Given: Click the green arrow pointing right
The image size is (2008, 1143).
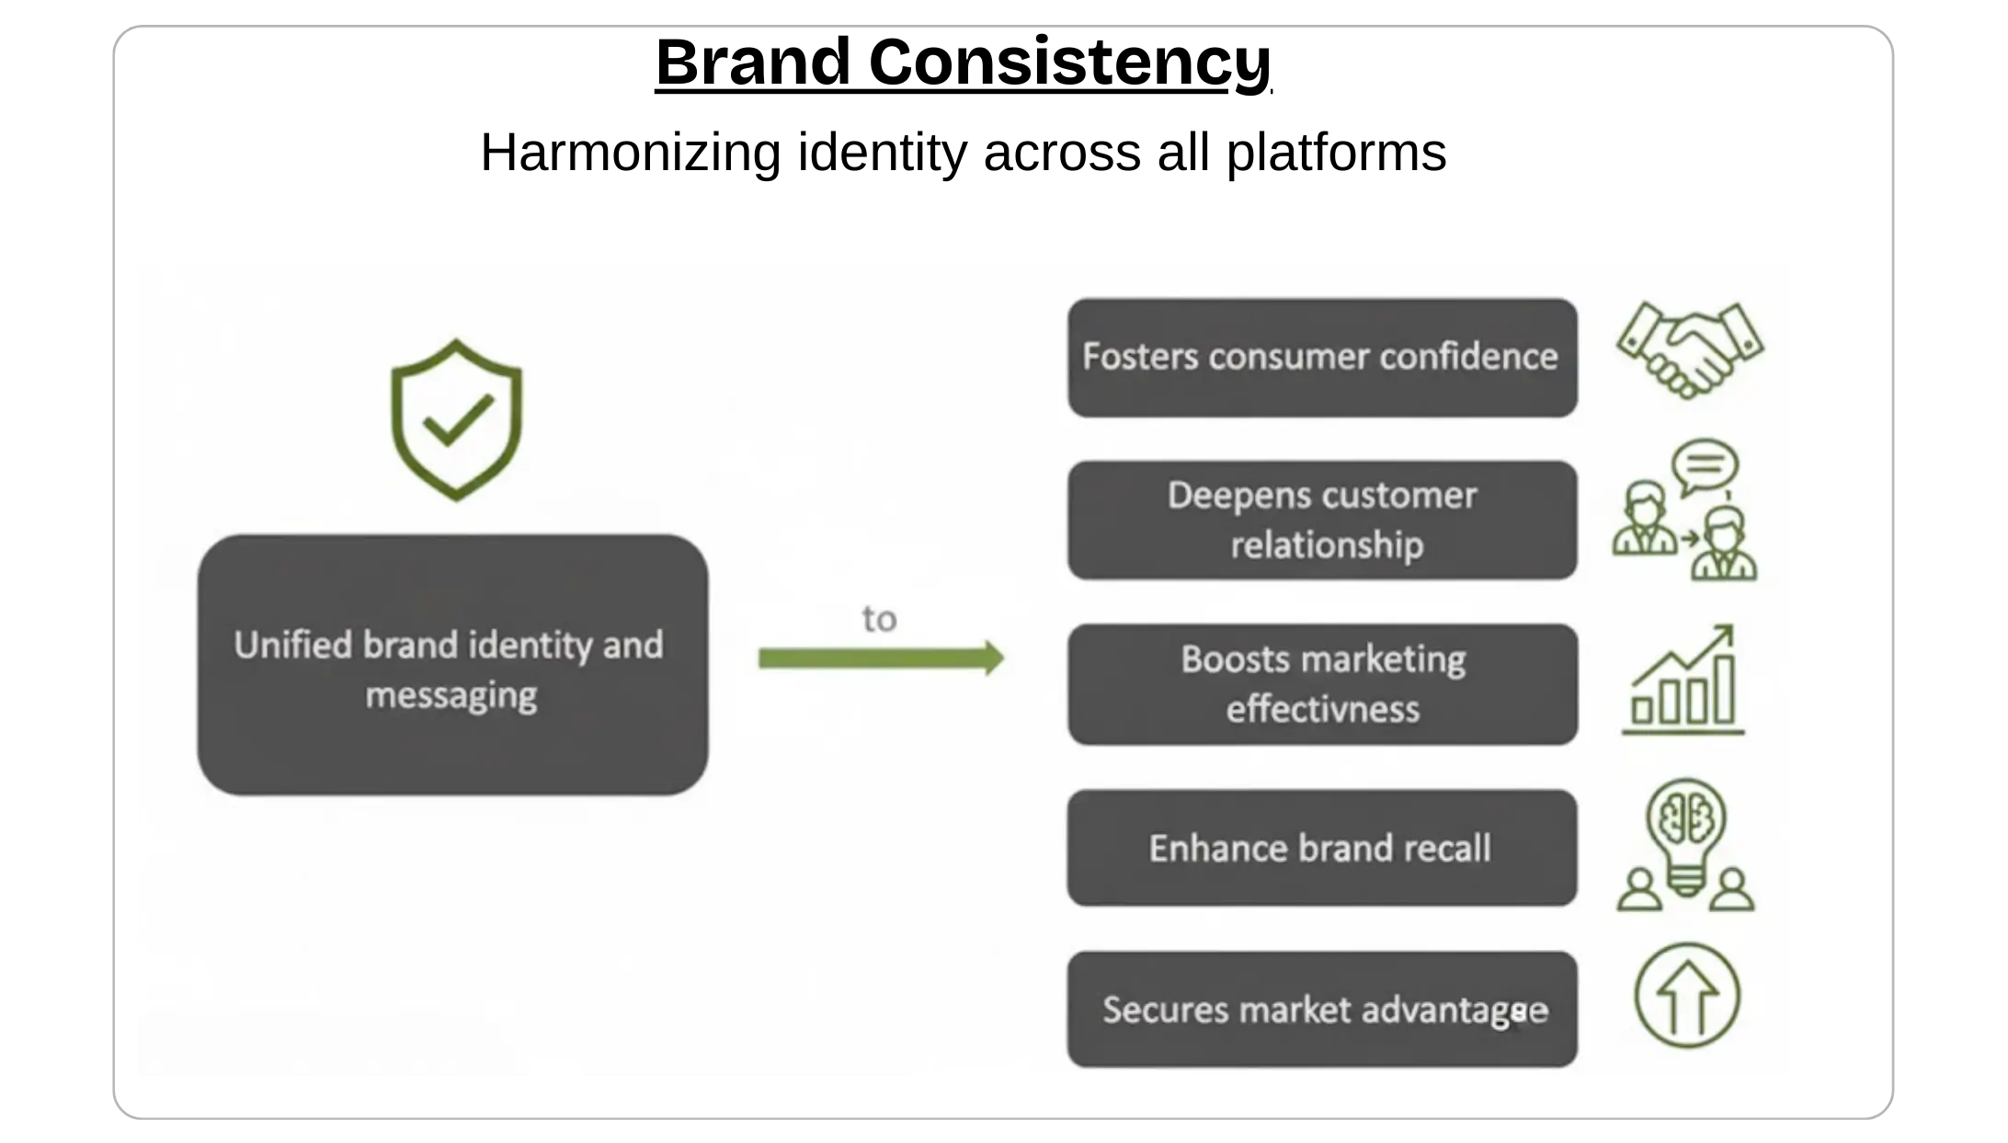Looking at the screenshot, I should pyautogui.click(x=880, y=658).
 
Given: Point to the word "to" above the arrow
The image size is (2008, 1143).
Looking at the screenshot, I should pyautogui.click(x=879, y=619).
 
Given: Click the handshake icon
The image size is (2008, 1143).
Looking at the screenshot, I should pyautogui.click(x=1690, y=350).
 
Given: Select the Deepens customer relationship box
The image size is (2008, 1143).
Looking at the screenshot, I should pyautogui.click(x=1321, y=520).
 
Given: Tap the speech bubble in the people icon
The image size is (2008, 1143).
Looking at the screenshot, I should pyautogui.click(x=1705, y=465).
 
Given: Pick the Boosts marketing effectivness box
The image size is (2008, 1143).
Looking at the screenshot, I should pyautogui.click(x=1321, y=683).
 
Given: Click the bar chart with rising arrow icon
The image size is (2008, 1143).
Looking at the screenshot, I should pyautogui.click(x=1683, y=680).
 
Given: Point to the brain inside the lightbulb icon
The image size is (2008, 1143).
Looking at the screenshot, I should pyautogui.click(x=1686, y=815).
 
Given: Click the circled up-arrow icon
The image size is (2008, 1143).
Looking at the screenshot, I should pyautogui.click(x=1686, y=996).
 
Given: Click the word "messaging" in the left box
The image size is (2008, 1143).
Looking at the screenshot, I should pyautogui.click(x=451, y=695).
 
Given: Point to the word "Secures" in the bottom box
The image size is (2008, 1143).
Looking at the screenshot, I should pyautogui.click(x=1165, y=1010).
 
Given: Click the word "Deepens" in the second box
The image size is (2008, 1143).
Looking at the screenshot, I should pyautogui.click(x=1226, y=496).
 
